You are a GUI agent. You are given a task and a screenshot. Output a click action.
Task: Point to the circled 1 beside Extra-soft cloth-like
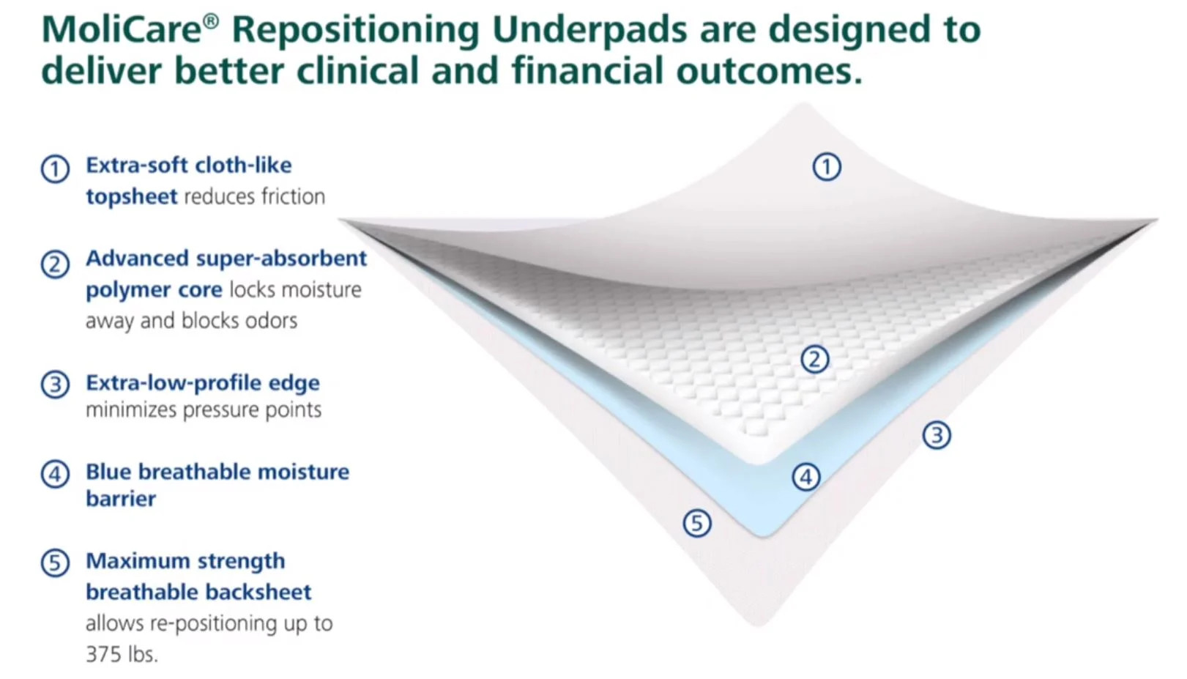point(55,169)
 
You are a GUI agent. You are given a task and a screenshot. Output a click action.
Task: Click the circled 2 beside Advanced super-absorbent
point(55,264)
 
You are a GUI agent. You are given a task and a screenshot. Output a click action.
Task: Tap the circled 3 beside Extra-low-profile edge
point(55,385)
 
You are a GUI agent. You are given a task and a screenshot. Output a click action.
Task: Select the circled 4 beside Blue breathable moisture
point(55,474)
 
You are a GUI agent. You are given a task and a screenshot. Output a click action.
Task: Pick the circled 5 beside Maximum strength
point(55,563)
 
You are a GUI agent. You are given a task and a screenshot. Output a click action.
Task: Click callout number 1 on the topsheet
point(827,167)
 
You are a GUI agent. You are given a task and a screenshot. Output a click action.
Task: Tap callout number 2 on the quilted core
point(814,360)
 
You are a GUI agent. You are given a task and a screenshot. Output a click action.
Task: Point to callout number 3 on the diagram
point(937,435)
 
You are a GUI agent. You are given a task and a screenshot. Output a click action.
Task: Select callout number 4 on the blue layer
point(806,478)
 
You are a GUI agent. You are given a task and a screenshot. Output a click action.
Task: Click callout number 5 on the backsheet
point(696,523)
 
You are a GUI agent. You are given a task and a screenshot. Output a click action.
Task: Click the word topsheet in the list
point(132,197)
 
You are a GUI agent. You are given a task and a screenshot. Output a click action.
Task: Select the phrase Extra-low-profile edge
point(203,383)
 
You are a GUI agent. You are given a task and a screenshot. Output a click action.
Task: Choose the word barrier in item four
point(121,500)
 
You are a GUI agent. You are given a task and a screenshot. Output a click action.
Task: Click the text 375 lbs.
point(122,654)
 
